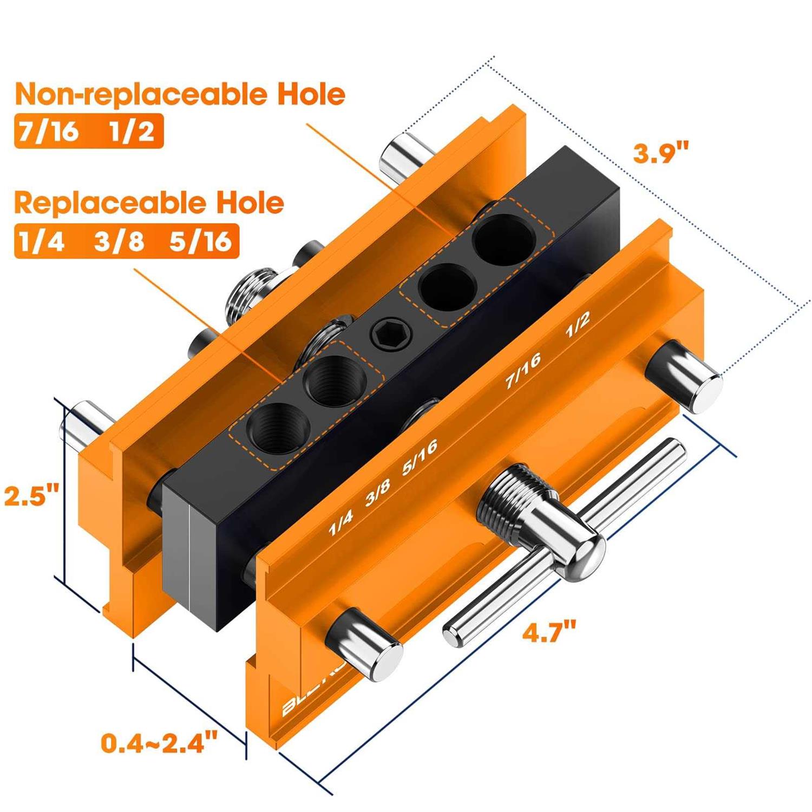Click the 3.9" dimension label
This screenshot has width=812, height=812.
click(660, 153)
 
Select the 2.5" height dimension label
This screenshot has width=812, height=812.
click(31, 495)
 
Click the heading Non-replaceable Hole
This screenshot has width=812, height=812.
click(180, 94)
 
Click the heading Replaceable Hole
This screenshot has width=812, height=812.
click(149, 203)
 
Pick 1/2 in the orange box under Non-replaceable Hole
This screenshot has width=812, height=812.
click(131, 132)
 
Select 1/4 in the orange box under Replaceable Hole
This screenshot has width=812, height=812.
click(42, 241)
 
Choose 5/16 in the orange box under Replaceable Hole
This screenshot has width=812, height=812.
click(200, 241)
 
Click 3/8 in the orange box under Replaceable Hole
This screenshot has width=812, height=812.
click(119, 241)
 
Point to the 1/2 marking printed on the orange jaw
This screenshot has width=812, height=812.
click(578, 325)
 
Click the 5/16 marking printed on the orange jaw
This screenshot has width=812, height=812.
click(420, 457)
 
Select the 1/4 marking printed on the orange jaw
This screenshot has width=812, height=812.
click(341, 521)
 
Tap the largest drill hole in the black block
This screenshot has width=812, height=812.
click(505, 240)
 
